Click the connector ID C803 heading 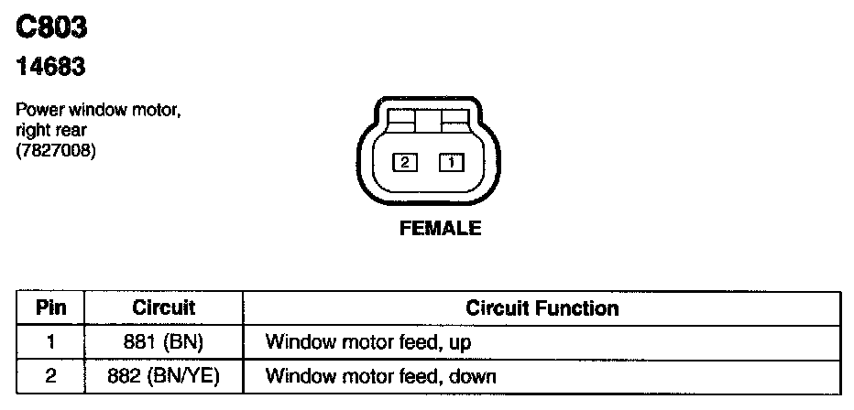point(52,27)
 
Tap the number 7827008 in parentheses point(56,149)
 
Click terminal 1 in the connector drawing point(452,163)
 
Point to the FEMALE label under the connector point(440,229)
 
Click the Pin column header point(51,307)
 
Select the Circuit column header point(164,307)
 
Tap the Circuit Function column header point(542,307)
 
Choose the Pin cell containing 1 point(51,342)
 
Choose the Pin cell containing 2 point(51,375)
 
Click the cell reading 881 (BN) point(164,342)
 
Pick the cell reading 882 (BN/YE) point(164,375)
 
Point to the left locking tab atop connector point(400,118)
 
